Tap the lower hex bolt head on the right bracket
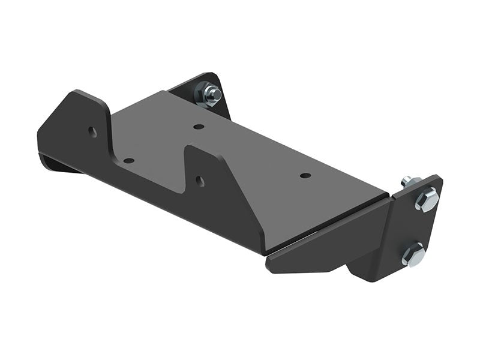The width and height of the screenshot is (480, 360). tap(413, 254)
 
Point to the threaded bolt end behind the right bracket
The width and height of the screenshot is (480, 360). tap(407, 180)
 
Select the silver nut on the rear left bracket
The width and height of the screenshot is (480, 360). tap(211, 94)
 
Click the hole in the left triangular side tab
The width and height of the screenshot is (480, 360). tap(92, 131)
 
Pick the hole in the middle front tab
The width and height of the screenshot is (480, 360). tap(199, 181)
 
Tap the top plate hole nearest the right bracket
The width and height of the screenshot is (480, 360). tap(305, 176)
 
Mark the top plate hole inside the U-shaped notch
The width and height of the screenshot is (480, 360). tap(128, 161)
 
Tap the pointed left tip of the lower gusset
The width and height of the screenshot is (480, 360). tap(269, 262)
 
